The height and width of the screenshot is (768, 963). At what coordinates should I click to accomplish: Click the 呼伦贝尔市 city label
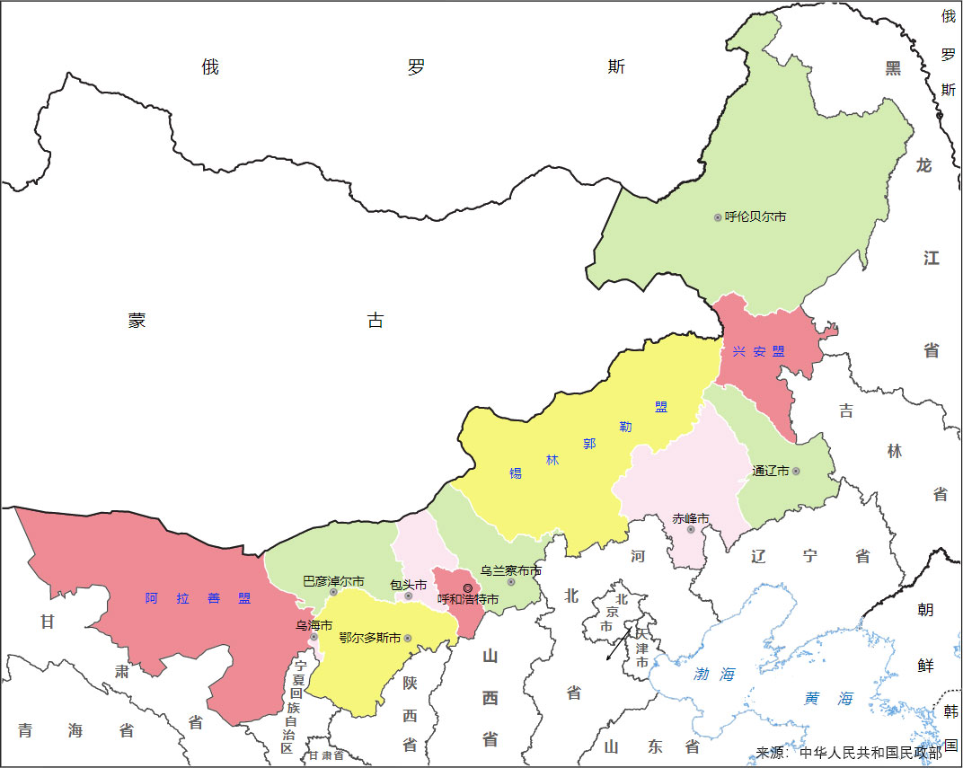[x=755, y=216]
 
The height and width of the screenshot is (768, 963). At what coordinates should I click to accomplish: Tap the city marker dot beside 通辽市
[x=796, y=471]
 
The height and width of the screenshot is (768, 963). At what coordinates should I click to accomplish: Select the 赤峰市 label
[x=691, y=518]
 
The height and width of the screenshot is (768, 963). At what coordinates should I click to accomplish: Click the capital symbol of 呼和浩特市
[x=467, y=587]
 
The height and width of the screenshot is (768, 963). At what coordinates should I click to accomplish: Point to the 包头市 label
[x=409, y=585]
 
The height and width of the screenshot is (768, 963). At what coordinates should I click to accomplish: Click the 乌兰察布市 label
[x=510, y=570]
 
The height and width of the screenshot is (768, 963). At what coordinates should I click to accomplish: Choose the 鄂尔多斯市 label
[x=370, y=638]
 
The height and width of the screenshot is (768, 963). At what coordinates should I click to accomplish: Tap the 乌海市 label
[x=314, y=624]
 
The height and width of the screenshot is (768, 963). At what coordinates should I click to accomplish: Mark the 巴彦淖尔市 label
[x=333, y=581]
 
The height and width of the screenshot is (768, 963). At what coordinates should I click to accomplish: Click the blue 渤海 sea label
[x=714, y=674]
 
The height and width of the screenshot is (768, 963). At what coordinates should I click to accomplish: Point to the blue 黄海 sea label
[x=828, y=698]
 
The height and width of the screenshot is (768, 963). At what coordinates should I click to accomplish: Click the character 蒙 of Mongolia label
[x=137, y=321]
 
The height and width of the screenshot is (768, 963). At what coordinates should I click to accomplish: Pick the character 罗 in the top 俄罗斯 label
[x=415, y=67]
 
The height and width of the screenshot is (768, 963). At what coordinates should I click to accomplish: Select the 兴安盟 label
[x=758, y=351]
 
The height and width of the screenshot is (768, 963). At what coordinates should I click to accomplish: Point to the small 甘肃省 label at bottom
[x=326, y=755]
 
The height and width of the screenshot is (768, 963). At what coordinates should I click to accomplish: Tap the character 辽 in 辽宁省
[x=759, y=556]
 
